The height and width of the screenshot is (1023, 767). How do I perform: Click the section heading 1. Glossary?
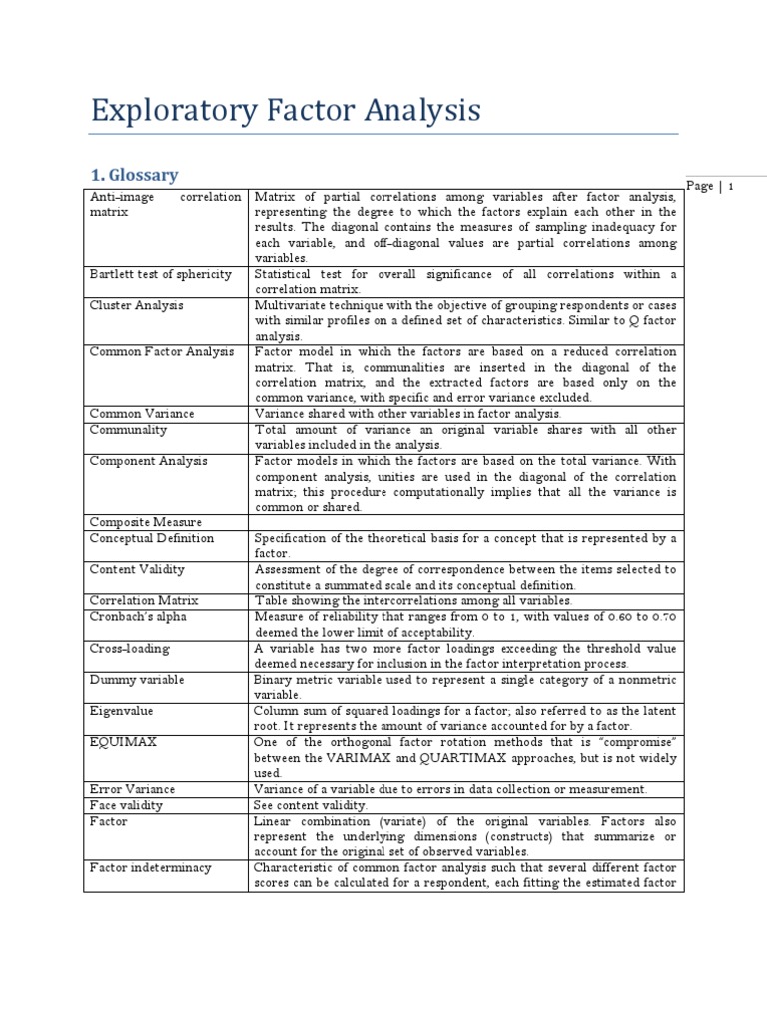coord(134,175)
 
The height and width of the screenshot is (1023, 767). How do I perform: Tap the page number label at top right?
coord(712,186)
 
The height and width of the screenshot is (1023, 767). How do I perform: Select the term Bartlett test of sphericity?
coord(161,274)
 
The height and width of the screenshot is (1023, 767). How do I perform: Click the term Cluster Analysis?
coord(137,305)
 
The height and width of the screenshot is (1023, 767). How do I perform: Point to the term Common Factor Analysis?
coord(162,352)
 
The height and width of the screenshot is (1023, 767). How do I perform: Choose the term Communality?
coord(129,429)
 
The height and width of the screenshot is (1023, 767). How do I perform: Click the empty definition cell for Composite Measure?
coord(465,522)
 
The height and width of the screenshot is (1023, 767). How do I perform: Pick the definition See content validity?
coord(312,805)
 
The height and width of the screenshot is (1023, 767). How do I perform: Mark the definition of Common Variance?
coord(408,413)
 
